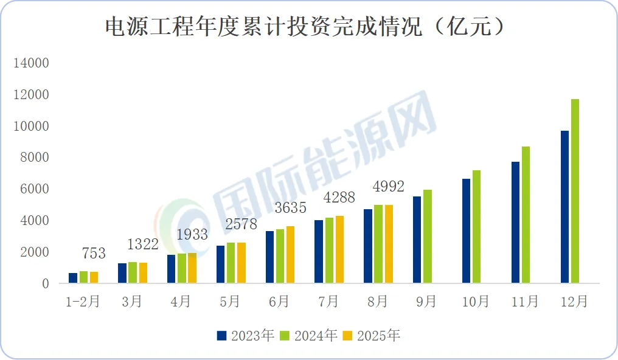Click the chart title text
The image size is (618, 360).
(x=305, y=27)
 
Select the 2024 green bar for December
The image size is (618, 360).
(x=575, y=191)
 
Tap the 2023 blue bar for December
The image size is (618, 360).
(x=564, y=207)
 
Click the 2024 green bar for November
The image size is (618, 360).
(x=526, y=215)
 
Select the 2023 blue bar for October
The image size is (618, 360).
(x=467, y=231)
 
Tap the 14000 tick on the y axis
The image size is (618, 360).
(x=32, y=63)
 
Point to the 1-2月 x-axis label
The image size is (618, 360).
(x=83, y=302)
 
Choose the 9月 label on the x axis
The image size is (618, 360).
(x=427, y=302)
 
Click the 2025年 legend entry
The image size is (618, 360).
(x=372, y=336)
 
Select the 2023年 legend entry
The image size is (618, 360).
(x=246, y=336)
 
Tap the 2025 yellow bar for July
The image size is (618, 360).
(x=339, y=249)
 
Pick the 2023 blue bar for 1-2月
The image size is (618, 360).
(x=73, y=278)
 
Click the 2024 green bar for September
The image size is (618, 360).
(x=428, y=237)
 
